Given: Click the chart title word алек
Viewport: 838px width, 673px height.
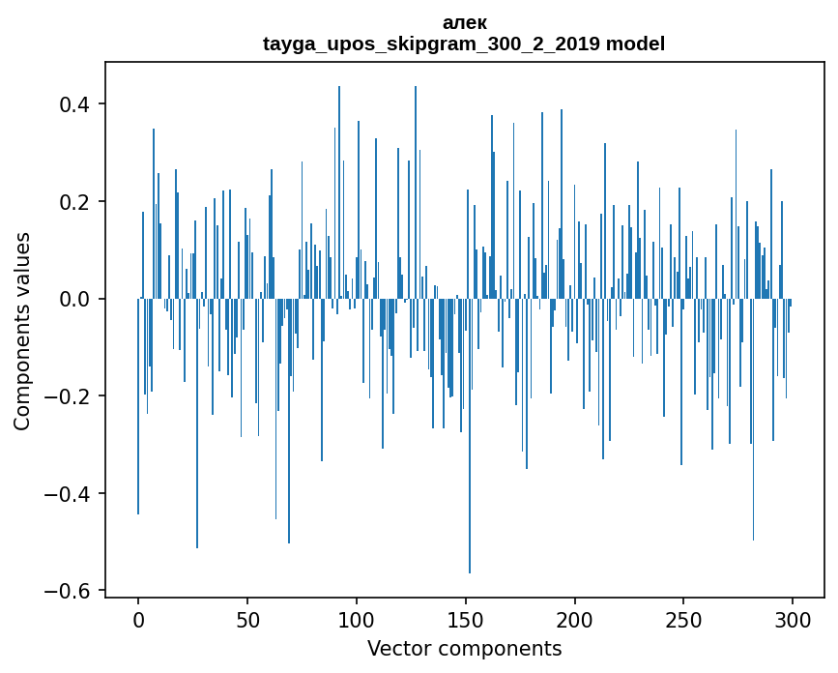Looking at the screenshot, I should click(x=464, y=22).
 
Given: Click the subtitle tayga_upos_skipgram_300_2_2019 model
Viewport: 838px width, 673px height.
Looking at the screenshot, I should click(x=464, y=44).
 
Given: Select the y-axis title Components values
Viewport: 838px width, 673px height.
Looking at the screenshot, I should click(x=22, y=331).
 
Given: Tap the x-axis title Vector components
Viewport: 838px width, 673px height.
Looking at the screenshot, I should click(x=464, y=648).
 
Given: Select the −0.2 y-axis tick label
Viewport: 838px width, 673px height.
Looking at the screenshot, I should click(x=71, y=396).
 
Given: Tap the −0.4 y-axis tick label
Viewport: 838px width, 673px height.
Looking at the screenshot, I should click(x=71, y=494).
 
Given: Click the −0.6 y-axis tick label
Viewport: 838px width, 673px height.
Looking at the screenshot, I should click(x=71, y=591).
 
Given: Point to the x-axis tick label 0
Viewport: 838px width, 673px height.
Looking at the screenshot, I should click(x=138, y=619).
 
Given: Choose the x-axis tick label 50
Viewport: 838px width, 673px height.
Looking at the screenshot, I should click(x=247, y=619).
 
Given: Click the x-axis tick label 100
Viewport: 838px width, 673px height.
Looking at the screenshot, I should click(x=357, y=619).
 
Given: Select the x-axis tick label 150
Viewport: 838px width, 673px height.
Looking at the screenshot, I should click(x=466, y=619).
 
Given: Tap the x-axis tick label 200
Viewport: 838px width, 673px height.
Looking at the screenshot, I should click(x=575, y=619).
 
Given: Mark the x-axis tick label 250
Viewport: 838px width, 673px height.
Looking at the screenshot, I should click(x=684, y=619).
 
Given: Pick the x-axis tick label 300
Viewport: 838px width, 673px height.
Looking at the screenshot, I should click(x=794, y=619).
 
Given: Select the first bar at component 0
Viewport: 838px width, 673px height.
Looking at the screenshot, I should click(x=138, y=406).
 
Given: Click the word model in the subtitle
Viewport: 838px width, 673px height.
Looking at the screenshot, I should click(x=636, y=44).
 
